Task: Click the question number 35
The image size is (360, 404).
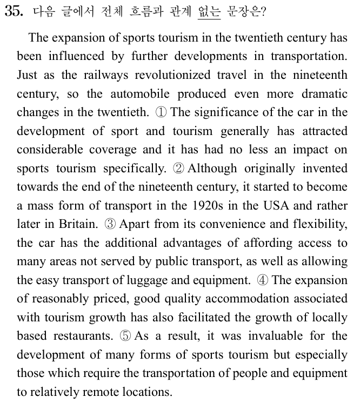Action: (13, 12)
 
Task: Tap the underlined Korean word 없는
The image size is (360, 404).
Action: (209, 12)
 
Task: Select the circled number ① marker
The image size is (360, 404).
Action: (161, 112)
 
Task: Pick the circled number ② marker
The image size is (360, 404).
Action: (178, 168)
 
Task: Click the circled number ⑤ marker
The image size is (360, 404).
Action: (125, 336)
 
